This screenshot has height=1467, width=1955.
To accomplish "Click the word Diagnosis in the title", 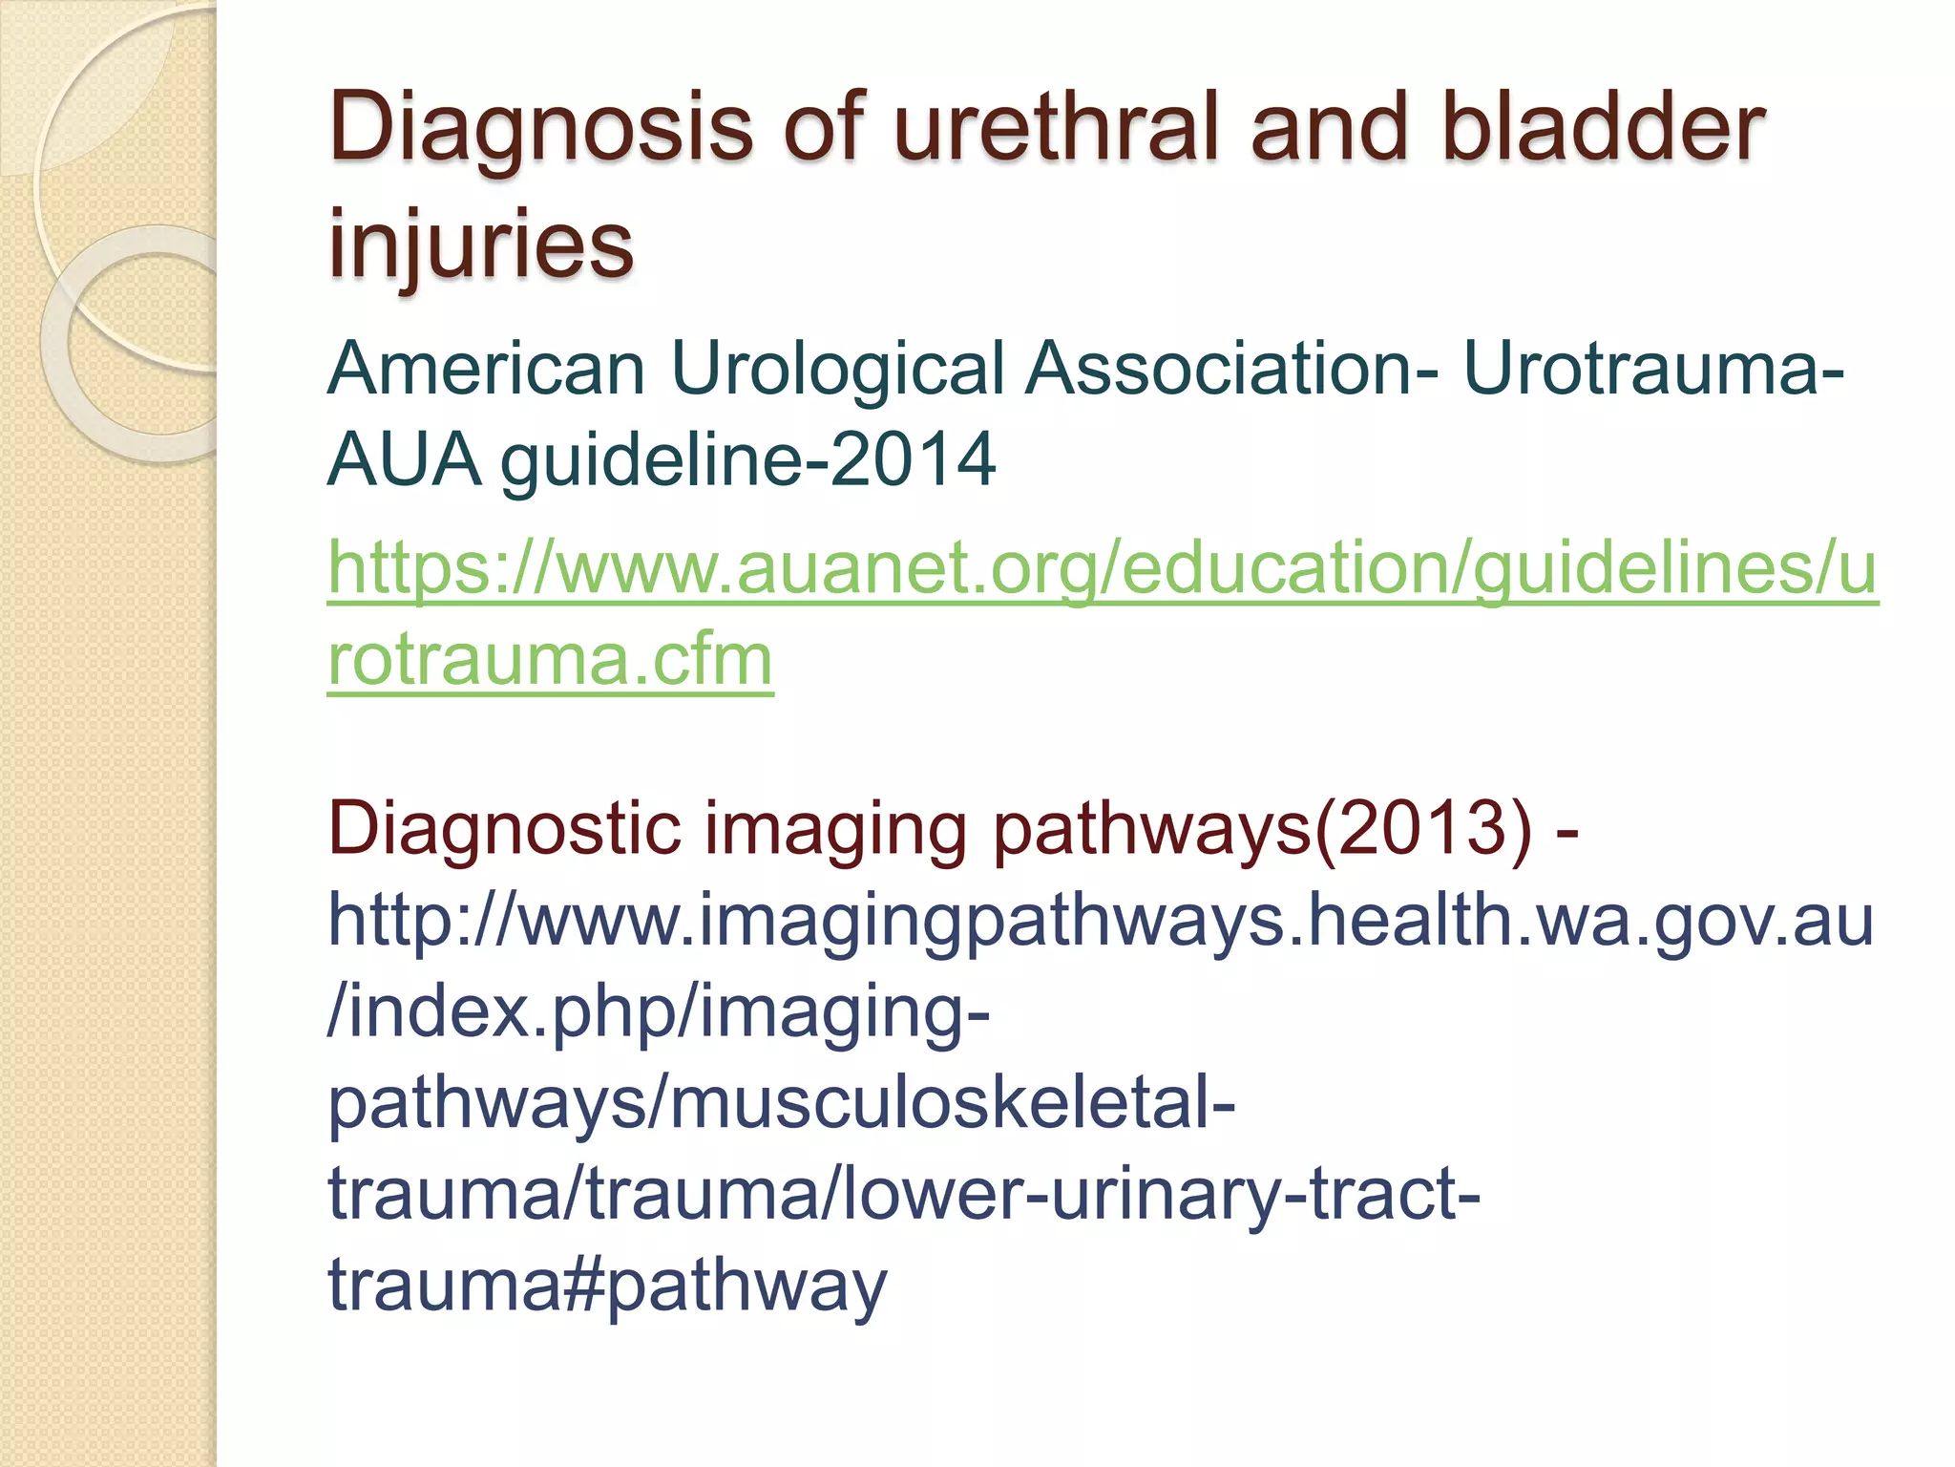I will click(x=540, y=129).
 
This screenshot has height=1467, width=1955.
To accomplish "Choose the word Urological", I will click(x=837, y=371).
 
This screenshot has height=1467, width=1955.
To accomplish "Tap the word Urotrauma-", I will click(x=1653, y=369).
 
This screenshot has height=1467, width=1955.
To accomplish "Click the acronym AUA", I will click(x=403, y=459).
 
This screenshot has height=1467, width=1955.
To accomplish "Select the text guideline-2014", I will click(x=748, y=461).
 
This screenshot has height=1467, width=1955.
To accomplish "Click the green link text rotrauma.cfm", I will click(x=550, y=660).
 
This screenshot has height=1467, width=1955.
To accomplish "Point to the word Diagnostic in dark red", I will click(x=504, y=828).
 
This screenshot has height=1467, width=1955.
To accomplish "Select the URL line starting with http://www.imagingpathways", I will click(x=1101, y=921).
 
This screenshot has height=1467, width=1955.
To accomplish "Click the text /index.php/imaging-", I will click(x=659, y=1012).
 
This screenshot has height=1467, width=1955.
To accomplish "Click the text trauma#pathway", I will click(x=607, y=1286).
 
